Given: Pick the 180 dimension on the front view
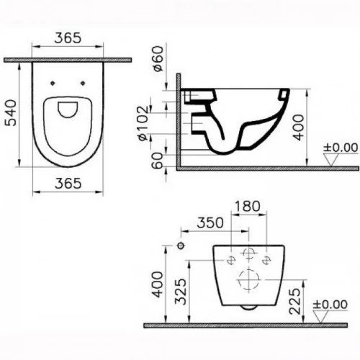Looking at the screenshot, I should tap(248, 207).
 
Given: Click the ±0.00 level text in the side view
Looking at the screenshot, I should tap(340, 149).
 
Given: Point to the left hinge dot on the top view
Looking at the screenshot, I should tap(54, 83).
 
